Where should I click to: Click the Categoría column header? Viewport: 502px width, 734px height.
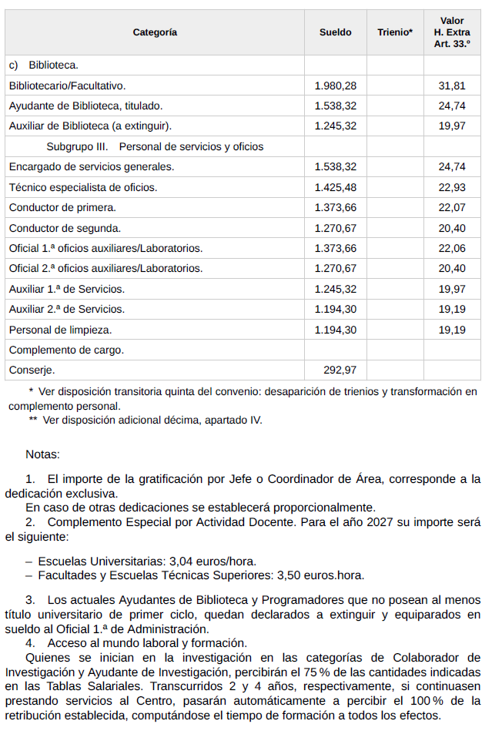[155, 32]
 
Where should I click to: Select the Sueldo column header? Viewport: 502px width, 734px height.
[335, 32]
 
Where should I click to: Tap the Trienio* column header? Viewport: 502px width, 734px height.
[395, 32]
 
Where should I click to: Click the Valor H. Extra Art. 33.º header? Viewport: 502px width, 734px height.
[452, 32]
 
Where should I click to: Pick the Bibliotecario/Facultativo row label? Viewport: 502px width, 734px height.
[67, 85]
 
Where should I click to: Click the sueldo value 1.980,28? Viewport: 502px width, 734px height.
[336, 85]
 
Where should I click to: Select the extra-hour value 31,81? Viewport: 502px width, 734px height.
[452, 85]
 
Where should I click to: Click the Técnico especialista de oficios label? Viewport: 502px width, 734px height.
[82, 187]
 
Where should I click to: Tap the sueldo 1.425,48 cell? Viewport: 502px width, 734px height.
[336, 187]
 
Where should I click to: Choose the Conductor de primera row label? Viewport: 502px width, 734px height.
[62, 207]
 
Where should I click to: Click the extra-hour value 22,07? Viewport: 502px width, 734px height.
[452, 207]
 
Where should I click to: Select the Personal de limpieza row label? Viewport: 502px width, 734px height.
[60, 329]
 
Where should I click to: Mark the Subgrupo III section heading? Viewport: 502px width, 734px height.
[155, 146]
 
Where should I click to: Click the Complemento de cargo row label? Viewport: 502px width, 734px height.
[66, 350]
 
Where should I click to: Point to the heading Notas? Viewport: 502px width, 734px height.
[42, 455]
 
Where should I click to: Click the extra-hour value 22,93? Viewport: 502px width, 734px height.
[452, 187]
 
